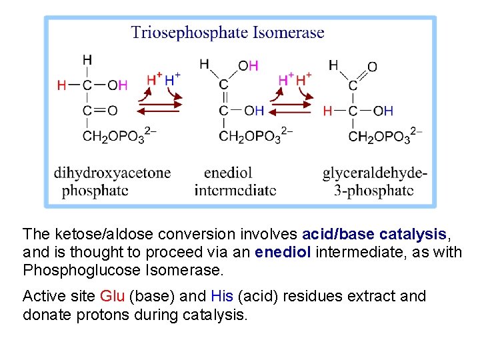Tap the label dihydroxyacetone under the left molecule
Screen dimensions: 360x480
point(113,173)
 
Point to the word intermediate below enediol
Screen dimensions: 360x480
point(235,190)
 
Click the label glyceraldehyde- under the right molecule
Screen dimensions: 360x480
point(375,173)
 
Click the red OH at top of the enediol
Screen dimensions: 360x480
point(248,65)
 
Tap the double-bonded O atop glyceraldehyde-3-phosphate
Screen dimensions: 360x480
point(372,67)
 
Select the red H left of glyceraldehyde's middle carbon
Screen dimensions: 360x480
point(327,111)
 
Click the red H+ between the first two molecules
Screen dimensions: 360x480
point(154,79)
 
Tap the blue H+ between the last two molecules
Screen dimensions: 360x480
point(303,79)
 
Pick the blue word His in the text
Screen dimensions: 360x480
point(220,296)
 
